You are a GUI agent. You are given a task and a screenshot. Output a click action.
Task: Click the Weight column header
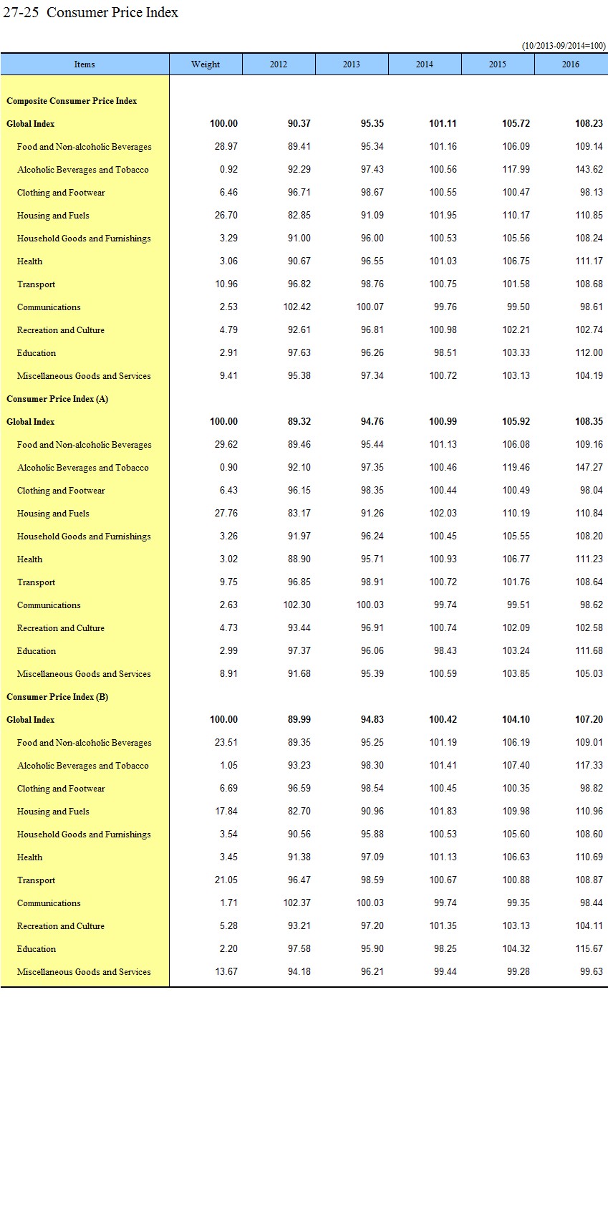tap(206, 64)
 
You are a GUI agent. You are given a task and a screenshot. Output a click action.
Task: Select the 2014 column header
tap(424, 64)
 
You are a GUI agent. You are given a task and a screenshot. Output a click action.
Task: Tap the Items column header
tap(85, 64)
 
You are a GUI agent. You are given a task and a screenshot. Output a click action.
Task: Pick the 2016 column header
tap(570, 64)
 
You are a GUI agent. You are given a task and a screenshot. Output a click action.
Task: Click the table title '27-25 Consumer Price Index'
tap(90, 12)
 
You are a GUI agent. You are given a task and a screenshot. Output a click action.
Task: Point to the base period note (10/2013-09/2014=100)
tap(564, 46)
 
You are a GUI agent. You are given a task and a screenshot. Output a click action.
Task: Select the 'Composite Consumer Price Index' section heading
tap(72, 101)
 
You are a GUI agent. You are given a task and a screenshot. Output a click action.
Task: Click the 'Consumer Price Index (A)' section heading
tap(57, 399)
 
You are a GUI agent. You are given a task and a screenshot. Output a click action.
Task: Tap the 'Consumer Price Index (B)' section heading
tap(57, 697)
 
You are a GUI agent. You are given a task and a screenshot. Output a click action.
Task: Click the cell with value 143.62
tap(589, 170)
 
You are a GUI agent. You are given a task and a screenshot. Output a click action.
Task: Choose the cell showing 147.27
tap(589, 468)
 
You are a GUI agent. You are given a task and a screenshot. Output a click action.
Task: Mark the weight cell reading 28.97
tap(226, 147)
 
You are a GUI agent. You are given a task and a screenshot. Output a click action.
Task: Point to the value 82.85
tap(299, 216)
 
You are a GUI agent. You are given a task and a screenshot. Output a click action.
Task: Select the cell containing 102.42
tap(296, 307)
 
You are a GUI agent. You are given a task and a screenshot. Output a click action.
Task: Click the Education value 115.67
tap(589, 949)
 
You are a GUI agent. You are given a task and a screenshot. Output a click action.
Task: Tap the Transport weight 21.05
tap(226, 880)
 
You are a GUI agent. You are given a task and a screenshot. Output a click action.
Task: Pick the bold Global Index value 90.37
tap(299, 124)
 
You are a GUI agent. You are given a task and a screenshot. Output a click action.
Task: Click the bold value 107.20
tap(589, 720)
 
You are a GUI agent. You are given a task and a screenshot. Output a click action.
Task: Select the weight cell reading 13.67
tap(226, 972)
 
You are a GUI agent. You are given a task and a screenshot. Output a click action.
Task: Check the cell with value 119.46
tap(516, 468)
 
